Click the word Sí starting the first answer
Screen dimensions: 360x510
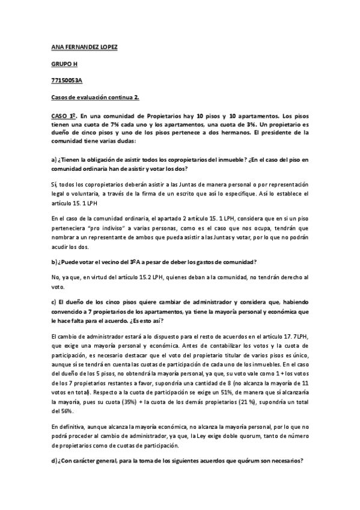click(55, 184)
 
